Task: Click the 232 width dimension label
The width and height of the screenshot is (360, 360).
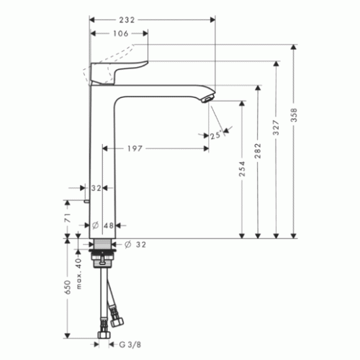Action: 127,20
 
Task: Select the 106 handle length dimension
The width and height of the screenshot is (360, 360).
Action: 121,33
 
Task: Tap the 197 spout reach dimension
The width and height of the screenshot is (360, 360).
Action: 135,148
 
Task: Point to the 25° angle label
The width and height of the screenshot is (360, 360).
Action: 215,135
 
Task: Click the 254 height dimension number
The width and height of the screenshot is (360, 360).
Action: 242,169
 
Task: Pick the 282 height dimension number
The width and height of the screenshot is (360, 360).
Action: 258,151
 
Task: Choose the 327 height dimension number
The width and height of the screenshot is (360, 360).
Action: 276,127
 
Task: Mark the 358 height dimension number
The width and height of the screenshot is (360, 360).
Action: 294,115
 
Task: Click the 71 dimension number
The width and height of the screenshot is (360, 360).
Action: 68,217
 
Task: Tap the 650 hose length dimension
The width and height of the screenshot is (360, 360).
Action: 68,287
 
